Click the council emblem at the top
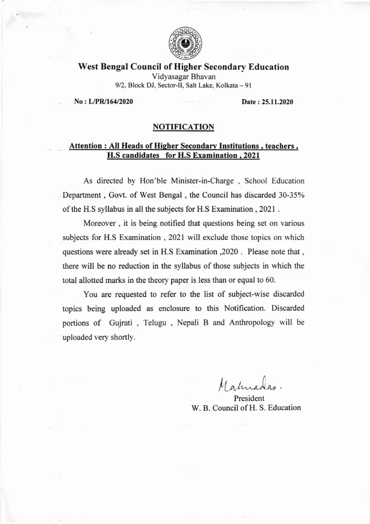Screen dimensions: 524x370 click(x=184, y=41)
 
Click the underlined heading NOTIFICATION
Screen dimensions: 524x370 click(x=183, y=127)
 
